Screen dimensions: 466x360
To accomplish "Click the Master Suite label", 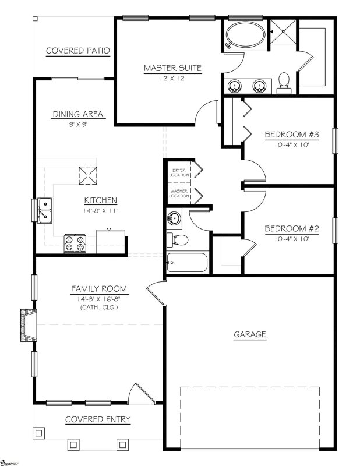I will point(172,68).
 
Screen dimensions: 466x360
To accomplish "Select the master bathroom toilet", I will point(284,82).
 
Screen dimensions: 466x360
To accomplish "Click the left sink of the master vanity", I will point(235,86).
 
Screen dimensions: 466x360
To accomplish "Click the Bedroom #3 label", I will point(292,135).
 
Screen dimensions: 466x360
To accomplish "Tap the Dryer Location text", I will point(179,172).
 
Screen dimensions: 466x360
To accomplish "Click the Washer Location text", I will point(179,193).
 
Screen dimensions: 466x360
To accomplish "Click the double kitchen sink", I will point(45,210).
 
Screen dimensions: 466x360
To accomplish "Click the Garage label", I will point(250,334).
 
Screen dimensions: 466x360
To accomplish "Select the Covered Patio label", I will point(78,51).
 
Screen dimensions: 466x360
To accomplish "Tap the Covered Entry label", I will point(97,419).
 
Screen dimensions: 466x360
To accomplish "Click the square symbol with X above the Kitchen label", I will point(87,174).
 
